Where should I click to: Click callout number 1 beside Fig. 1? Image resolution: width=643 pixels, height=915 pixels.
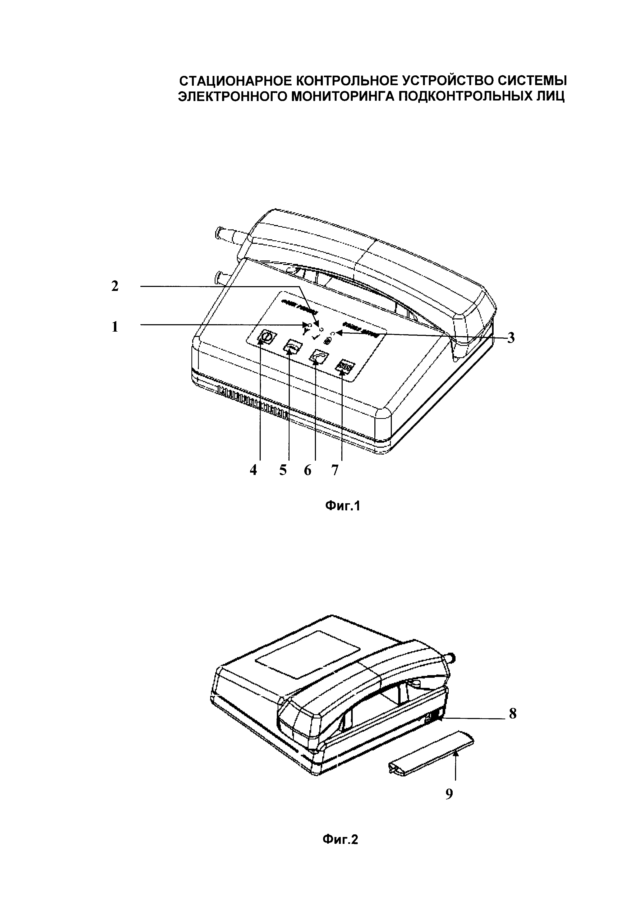click(115, 327)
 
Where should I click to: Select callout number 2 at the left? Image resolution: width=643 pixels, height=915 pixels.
click(115, 286)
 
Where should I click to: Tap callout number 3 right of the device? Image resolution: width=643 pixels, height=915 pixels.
click(511, 338)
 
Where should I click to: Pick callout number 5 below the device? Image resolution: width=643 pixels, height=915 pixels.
click(283, 470)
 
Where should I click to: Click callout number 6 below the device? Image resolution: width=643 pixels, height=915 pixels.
click(307, 470)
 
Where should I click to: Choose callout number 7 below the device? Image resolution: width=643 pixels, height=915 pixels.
click(335, 470)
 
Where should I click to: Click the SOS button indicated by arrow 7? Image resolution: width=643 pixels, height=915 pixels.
click(345, 365)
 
